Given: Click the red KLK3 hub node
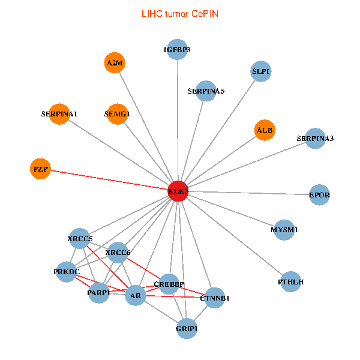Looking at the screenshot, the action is tap(178, 191).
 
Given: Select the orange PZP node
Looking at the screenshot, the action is tap(40, 169).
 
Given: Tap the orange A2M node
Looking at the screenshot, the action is tap(115, 62).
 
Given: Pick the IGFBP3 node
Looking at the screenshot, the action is tap(177, 49).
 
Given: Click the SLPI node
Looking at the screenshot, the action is tap(260, 71).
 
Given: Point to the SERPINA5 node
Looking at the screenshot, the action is tap(206, 91).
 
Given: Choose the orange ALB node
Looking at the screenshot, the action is tap(265, 130).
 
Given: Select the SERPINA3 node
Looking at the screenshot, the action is tap(315, 138).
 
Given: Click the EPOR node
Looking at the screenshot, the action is tap(319, 194).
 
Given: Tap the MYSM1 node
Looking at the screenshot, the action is tap(284, 230).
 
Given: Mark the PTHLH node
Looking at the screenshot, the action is tap(290, 281).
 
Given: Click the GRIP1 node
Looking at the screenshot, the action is tap(187, 328).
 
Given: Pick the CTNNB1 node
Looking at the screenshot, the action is tap(214, 298).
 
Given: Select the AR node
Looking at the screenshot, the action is tap(136, 295).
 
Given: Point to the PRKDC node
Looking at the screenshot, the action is tap(67, 272).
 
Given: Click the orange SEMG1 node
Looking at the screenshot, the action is tap(117, 114).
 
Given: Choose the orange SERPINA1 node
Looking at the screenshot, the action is tap(59, 114).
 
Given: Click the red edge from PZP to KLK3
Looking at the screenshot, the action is tap(109, 180).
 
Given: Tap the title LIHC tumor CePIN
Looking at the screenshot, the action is tap(180, 14).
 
